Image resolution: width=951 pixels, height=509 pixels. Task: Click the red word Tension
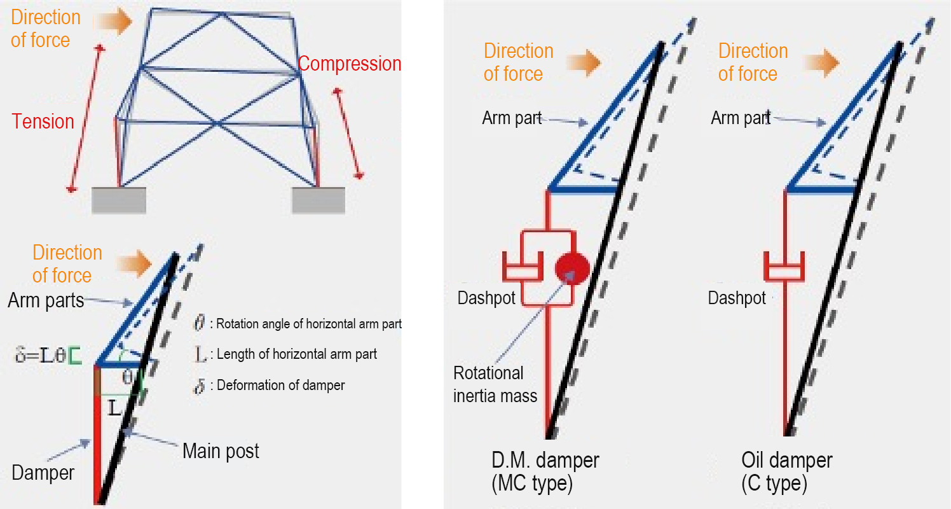coord(43,121)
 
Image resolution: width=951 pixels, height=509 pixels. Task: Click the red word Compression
coord(349,64)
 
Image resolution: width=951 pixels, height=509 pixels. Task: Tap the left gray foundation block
coord(119,200)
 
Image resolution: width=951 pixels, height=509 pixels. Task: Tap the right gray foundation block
coord(318,200)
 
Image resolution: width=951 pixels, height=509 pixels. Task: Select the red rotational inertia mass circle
coord(571,267)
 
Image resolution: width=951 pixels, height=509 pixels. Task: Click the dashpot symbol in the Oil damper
coord(784,267)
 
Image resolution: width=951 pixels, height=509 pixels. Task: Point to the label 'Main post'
coord(221,452)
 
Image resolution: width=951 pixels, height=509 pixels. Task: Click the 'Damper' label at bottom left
coord(43,473)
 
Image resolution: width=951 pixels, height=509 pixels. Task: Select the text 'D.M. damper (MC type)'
coord(545,471)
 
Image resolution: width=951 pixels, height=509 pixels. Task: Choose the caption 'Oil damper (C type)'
coord(786,471)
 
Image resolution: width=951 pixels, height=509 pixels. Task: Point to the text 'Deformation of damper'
coord(280,385)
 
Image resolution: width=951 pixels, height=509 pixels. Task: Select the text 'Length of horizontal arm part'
coord(296,354)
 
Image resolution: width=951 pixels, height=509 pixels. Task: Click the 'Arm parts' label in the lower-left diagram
coord(46,300)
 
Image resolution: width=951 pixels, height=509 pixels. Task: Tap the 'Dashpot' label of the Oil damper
coord(737,298)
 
